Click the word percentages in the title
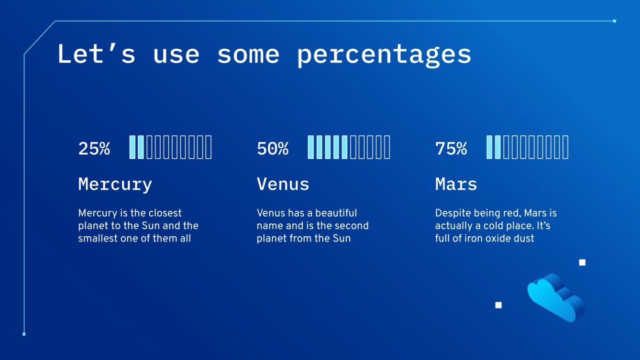384,55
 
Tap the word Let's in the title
96,54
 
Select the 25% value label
94,149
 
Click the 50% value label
273,149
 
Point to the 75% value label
451,149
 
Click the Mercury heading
115,185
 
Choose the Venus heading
283,184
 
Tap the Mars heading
456,184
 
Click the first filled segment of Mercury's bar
132,147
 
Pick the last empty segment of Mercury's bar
209,147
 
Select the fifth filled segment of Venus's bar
344,147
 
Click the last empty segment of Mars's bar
565,147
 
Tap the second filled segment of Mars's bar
497,147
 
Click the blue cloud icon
556,297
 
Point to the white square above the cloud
582,262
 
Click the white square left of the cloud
498,305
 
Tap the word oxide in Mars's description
498,239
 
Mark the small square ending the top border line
615,21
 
